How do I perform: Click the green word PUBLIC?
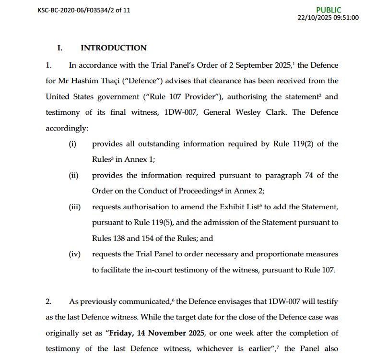tap(329, 10)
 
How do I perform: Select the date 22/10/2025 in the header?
tap(314, 17)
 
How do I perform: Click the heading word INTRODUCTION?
tap(114, 48)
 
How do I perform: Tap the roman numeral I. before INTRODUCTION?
tap(60, 48)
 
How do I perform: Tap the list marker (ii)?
tap(73, 176)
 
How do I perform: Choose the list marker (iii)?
tap(74, 207)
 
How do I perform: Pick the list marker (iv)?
tap(74, 254)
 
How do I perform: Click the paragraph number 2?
tap(48, 301)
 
